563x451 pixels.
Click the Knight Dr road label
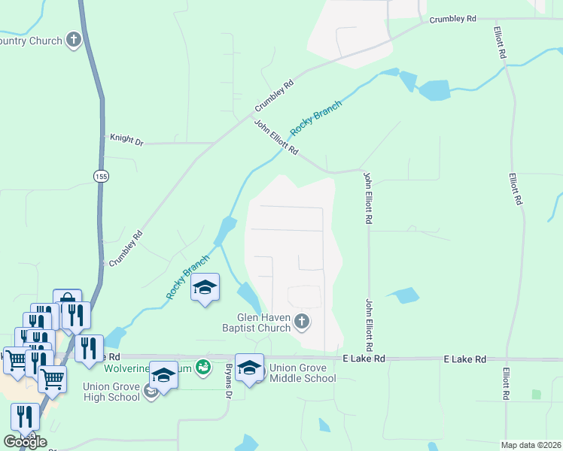[126, 139]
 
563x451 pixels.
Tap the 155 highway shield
[101, 176]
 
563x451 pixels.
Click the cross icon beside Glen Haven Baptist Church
[301, 322]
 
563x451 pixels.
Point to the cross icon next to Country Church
[74, 40]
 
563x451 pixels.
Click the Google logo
[25, 442]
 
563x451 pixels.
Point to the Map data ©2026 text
[531, 445]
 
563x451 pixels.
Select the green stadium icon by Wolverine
[202, 368]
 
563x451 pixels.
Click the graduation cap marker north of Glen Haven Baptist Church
[205, 288]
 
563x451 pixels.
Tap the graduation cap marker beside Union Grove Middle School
[249, 368]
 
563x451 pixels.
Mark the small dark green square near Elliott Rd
[536, 394]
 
